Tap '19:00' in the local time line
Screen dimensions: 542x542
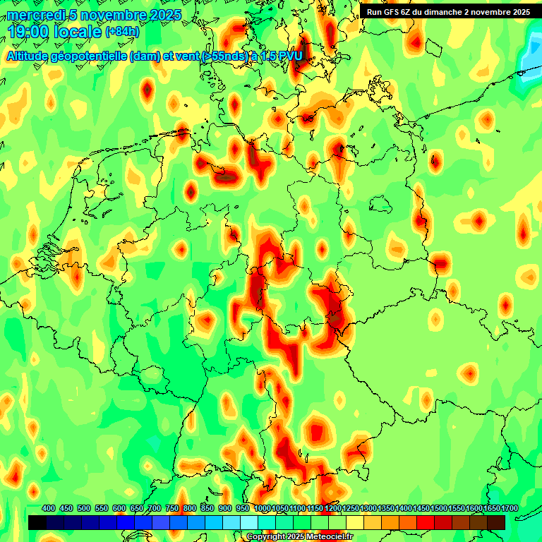pos(29,32)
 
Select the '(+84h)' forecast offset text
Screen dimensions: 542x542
pos(122,32)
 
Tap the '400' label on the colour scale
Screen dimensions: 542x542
pos(49,508)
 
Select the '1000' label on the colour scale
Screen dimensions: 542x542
pos(262,508)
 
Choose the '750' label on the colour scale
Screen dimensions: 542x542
pos(172,508)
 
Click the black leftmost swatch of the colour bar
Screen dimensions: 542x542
pos(37,522)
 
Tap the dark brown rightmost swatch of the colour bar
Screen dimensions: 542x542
pos(496,522)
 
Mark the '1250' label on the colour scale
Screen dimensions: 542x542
pos(350,508)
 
